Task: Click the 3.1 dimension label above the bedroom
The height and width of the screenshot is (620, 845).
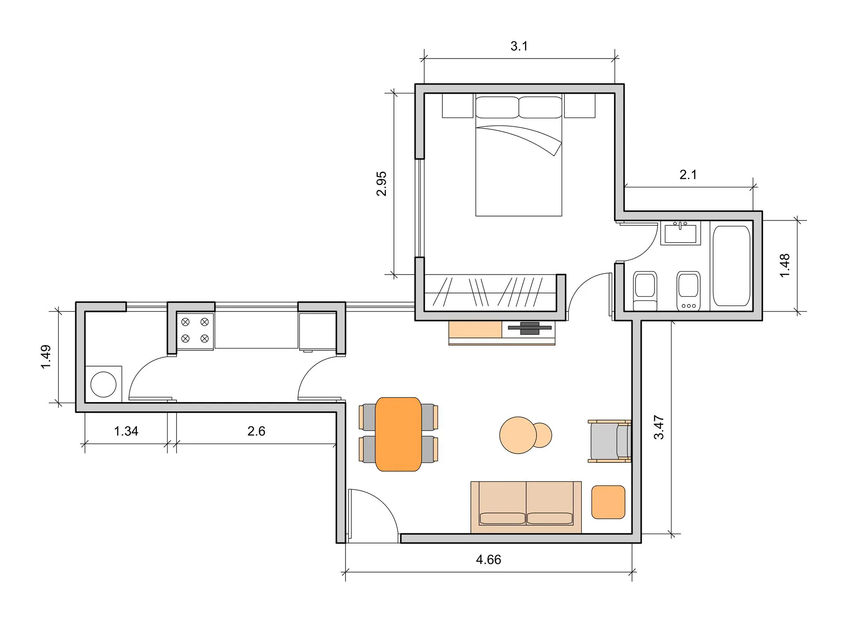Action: (x=519, y=46)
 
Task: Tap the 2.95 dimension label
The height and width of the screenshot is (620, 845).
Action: (x=382, y=183)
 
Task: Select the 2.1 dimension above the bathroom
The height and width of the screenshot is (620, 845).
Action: (x=688, y=175)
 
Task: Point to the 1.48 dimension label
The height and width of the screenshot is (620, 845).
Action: (x=785, y=265)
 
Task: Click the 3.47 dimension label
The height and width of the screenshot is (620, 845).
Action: (x=659, y=427)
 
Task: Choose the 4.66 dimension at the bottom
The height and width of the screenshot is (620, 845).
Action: (x=489, y=560)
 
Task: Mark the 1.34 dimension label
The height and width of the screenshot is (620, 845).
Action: (x=126, y=431)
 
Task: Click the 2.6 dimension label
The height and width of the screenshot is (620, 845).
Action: (x=256, y=431)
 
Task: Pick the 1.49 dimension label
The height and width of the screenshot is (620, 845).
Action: (x=46, y=357)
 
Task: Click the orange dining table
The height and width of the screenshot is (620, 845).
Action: (x=398, y=434)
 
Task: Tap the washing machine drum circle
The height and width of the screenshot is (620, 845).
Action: (x=103, y=384)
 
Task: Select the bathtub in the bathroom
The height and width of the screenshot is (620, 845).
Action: (x=731, y=266)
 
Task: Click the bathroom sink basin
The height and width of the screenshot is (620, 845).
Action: (x=680, y=233)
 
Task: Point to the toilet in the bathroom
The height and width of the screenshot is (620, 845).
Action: (x=645, y=291)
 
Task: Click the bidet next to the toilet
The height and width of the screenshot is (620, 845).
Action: (x=688, y=291)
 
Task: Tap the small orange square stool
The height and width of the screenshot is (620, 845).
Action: (x=608, y=502)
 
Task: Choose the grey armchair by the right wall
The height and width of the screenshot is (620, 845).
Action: (x=610, y=441)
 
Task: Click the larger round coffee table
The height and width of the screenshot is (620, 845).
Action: (x=518, y=435)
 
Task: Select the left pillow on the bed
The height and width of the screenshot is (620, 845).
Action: (x=497, y=107)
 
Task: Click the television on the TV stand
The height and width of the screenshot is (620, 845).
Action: (x=530, y=328)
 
